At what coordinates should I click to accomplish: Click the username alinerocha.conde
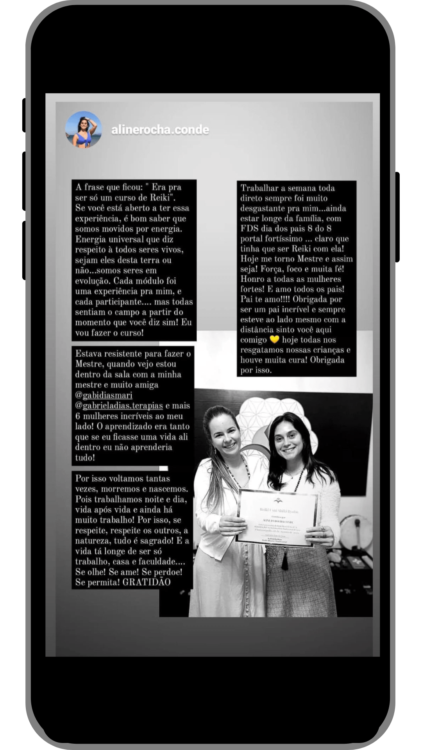(x=160, y=130)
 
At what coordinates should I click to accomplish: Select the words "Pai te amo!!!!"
(x=266, y=300)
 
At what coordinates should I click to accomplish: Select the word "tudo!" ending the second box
(x=85, y=457)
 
